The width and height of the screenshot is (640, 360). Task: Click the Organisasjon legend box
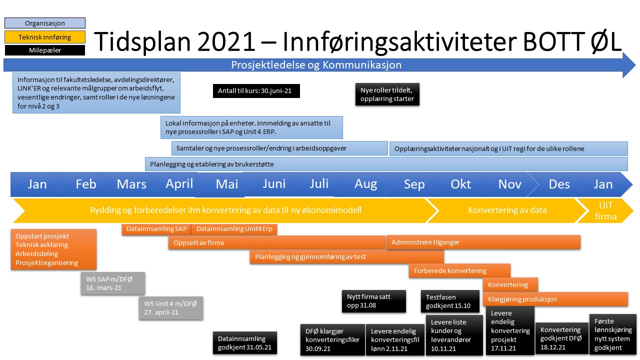tap(45, 23)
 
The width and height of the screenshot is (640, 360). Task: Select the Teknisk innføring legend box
tap(45, 37)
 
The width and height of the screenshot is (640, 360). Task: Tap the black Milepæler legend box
tap(45, 50)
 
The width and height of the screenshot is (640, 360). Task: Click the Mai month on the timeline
tap(227, 184)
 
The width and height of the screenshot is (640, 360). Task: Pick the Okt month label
tap(460, 184)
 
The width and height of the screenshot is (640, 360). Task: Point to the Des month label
tap(559, 184)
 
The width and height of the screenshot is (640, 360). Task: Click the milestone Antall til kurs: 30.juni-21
tap(256, 91)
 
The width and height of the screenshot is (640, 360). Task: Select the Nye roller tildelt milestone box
tap(387, 94)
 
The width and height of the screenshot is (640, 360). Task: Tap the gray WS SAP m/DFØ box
tap(113, 283)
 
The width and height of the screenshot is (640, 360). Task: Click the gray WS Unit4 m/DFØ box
tap(171, 308)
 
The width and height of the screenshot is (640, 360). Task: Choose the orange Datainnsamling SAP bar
tap(156, 229)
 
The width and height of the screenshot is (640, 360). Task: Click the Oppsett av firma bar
tap(276, 242)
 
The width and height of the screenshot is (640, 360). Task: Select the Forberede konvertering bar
tap(459, 270)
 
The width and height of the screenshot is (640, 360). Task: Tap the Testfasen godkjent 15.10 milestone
tap(450, 301)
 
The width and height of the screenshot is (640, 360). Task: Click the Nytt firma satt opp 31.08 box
tap(373, 301)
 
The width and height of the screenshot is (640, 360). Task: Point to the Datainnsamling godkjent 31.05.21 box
tap(245, 343)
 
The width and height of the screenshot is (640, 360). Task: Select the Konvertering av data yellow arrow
tap(507, 211)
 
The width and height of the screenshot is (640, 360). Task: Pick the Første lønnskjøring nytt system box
tap(613, 334)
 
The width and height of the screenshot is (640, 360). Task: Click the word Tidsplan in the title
tap(142, 41)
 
